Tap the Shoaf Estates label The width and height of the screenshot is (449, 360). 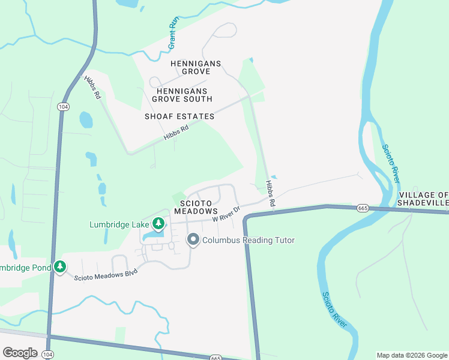pos(179,116)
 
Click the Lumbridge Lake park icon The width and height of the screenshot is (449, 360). pos(158,224)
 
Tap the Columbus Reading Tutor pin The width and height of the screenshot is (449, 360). pos(193,241)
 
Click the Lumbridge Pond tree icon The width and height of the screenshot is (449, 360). pos(59,266)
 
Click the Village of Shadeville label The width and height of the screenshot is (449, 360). pos(423,199)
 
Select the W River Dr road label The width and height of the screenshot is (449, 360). pos(226,215)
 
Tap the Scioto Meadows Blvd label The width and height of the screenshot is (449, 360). pos(106,275)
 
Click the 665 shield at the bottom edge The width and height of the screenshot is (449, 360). pos(216,357)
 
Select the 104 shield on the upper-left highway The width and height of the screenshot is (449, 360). pos(62,106)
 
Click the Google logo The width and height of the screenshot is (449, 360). pos(19,353)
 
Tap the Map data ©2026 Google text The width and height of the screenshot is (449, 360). pos(411,355)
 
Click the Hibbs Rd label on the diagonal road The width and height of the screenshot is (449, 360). pos(176,134)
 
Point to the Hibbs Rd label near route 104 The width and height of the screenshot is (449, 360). pos(92,87)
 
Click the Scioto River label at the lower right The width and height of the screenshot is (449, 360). pos(334,310)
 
